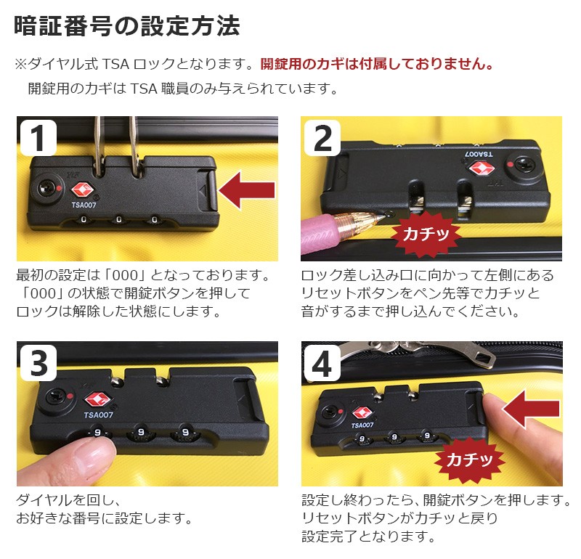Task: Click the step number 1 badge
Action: [x=38, y=137]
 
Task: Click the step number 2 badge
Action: [x=322, y=138]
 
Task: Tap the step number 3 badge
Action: [x=38, y=363]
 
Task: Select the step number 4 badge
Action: [x=322, y=363]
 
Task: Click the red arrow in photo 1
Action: [x=247, y=190]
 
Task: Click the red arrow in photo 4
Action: [x=531, y=409]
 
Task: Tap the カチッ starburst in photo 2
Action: [x=426, y=234]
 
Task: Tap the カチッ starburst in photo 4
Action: [x=469, y=460]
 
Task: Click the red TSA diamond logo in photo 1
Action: [x=83, y=189]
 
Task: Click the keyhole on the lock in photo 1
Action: [x=47, y=187]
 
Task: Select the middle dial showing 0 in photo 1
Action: [x=118, y=220]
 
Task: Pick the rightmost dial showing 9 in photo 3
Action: [x=185, y=432]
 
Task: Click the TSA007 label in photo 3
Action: [x=98, y=415]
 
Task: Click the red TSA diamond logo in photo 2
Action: [x=482, y=168]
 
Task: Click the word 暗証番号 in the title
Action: [x=63, y=26]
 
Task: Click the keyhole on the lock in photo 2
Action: [x=524, y=165]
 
